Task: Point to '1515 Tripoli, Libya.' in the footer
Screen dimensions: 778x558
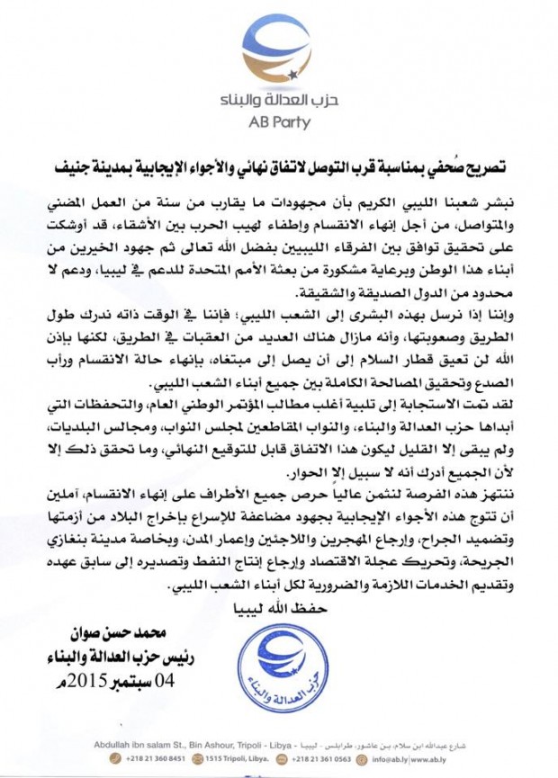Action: click(229, 756)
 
